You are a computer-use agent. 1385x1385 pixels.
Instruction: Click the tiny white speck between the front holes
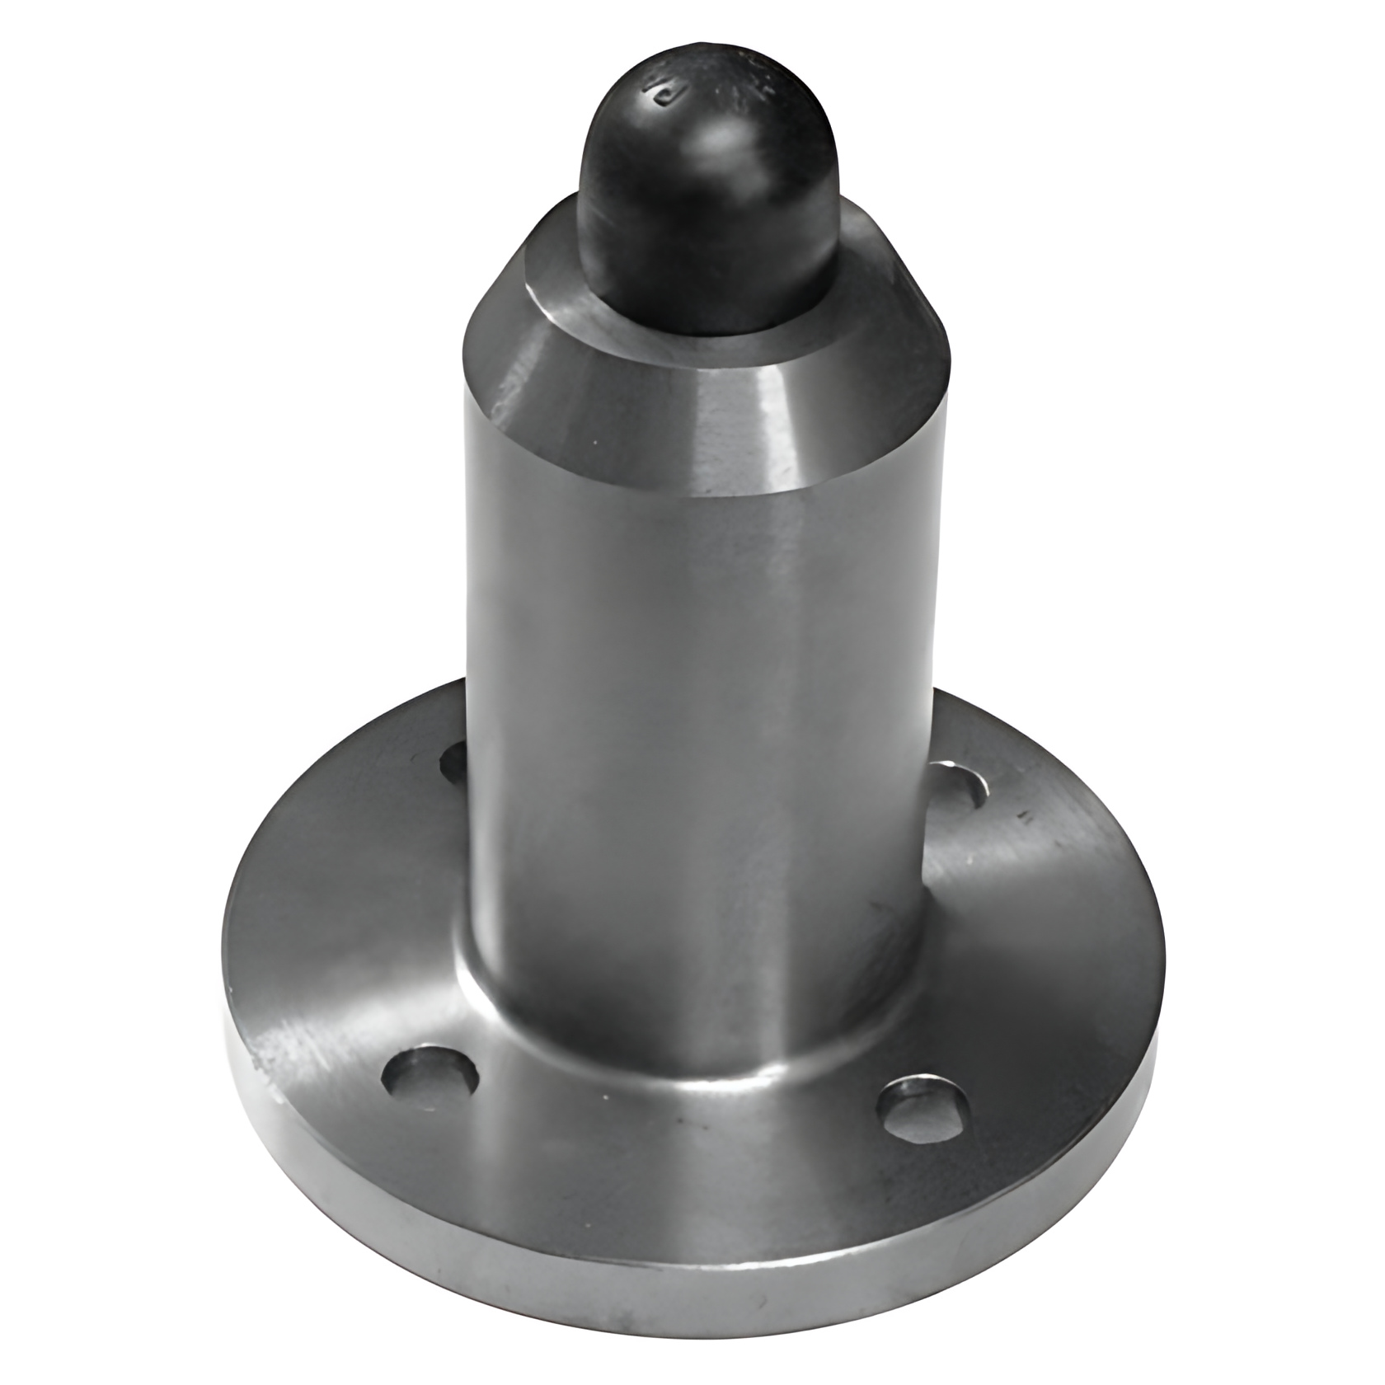click(606, 1096)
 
